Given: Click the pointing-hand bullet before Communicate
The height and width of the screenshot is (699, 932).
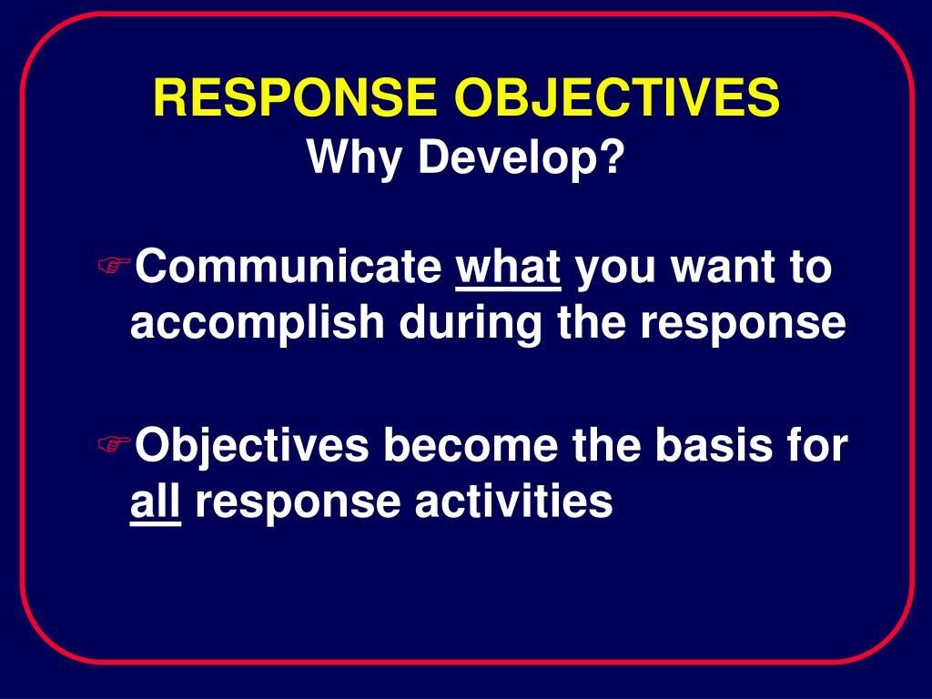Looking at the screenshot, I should point(114,266).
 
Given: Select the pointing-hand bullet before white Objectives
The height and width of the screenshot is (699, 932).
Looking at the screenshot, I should point(114,444).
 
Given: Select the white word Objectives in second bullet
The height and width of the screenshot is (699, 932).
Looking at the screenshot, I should point(251,446).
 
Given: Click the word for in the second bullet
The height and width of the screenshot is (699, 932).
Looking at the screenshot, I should point(817,446).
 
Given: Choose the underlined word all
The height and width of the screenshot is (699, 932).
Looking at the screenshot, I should point(156,501).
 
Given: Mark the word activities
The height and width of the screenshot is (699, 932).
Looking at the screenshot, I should point(514,501).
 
